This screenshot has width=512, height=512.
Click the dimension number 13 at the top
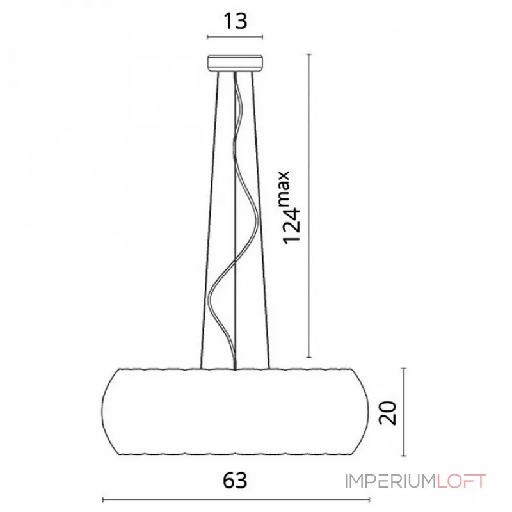pyautogui.click(x=235, y=22)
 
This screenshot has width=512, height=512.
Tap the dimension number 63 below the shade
pyautogui.click(x=235, y=481)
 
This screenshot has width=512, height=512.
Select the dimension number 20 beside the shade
pyautogui.click(x=388, y=413)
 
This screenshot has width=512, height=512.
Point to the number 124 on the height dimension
pyautogui.click(x=291, y=226)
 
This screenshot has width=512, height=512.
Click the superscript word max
pyautogui.click(x=284, y=188)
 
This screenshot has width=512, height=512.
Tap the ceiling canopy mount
pyautogui.click(x=235, y=63)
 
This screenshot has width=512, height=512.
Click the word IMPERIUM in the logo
pyautogui.click(x=390, y=481)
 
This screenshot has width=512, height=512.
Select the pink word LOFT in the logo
pyautogui.click(x=461, y=481)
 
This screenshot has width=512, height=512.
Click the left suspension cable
pyautogui.click(x=210, y=220)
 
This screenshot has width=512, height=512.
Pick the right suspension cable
pyautogui.click(x=260, y=220)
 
